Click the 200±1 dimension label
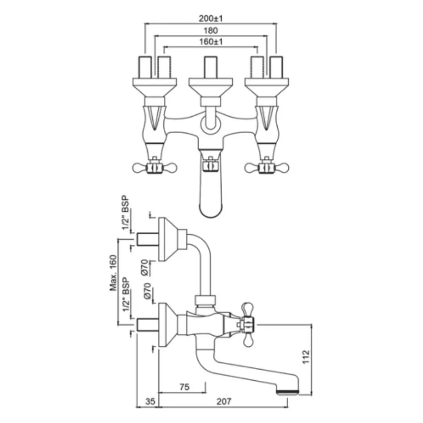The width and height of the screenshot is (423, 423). point(211,19)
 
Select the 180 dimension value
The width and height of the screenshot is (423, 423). point(211,31)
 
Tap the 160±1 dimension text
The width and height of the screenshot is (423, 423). point(211,42)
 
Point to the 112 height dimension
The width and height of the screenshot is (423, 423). point(306,357)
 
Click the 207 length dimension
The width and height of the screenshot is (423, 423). point(224,401)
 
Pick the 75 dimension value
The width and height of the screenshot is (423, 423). point(184,387)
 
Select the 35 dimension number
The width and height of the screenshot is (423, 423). point(150,401)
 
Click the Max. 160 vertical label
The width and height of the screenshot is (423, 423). point(114,273)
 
